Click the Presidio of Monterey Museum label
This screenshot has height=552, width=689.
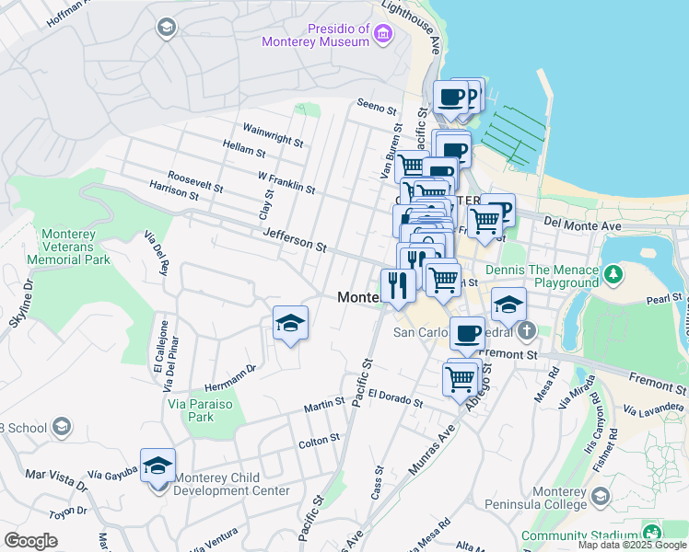(314, 34)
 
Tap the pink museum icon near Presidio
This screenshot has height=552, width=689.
(383, 35)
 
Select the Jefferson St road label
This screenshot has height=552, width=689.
(295, 241)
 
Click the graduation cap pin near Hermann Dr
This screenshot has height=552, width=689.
(290, 324)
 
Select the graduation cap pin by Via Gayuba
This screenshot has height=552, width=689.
(158, 466)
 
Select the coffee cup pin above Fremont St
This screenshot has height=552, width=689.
(468, 333)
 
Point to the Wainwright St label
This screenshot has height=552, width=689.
(273, 134)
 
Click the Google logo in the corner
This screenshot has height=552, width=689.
(31, 540)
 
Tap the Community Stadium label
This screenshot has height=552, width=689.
(580, 535)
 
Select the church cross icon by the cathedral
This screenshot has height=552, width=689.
(526, 330)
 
